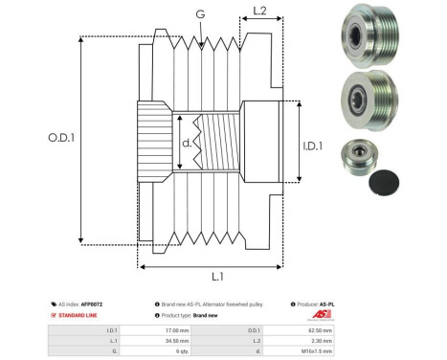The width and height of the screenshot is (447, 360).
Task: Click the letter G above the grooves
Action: (199, 13)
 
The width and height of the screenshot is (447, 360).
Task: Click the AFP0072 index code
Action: (91, 304)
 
